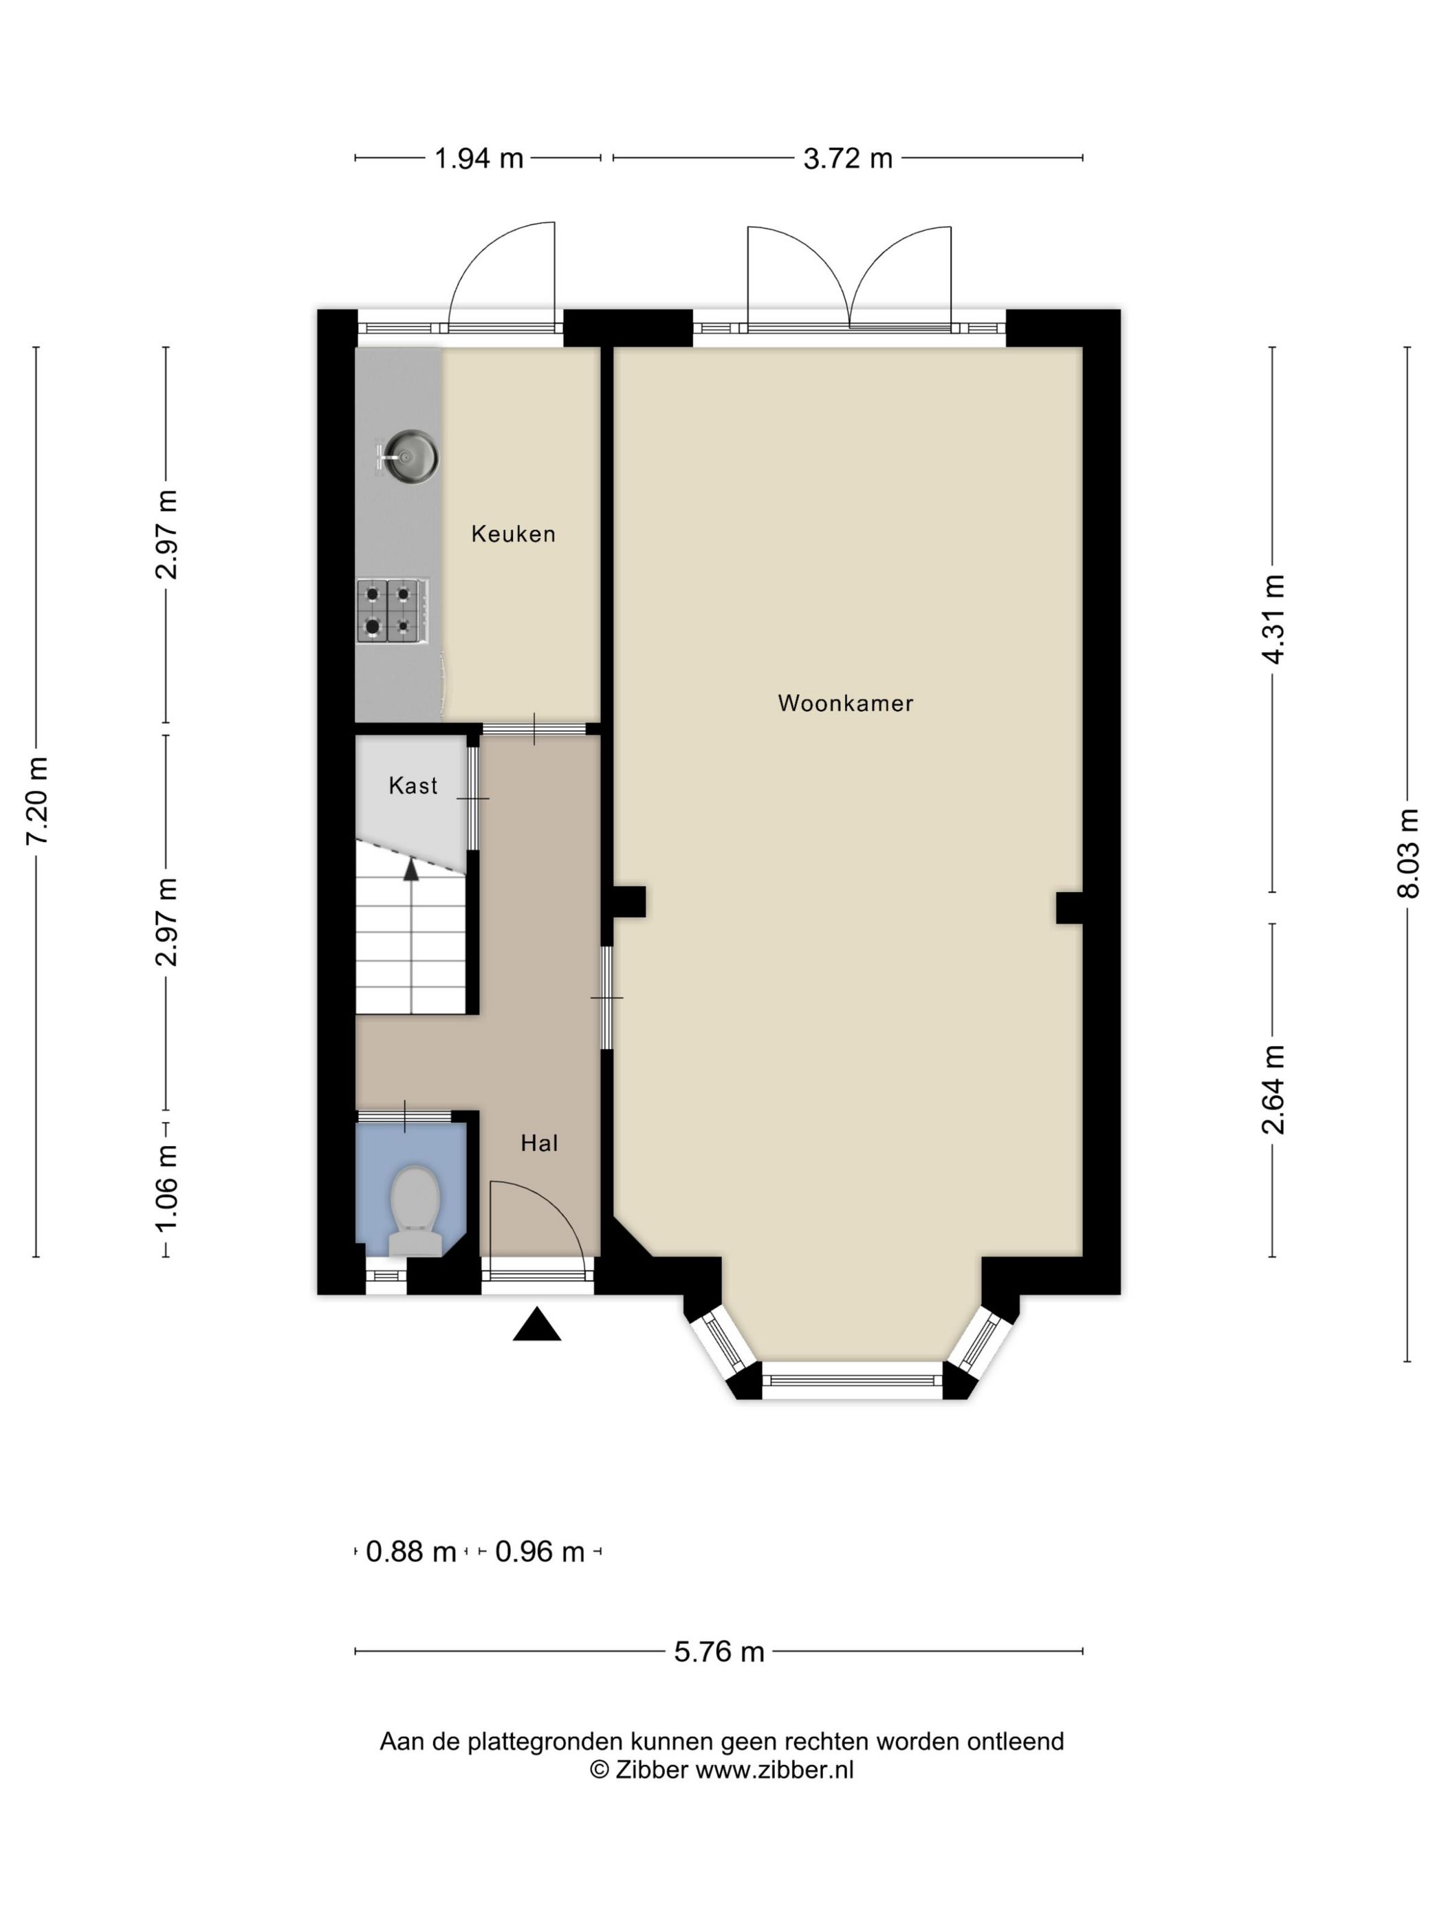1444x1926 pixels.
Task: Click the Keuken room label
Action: tap(513, 534)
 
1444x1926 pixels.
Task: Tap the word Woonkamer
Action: tap(845, 703)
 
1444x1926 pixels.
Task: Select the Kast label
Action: tap(413, 786)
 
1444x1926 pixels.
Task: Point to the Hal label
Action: tap(539, 1143)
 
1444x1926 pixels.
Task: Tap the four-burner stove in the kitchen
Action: tap(393, 612)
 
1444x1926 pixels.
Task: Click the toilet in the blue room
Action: tap(415, 1211)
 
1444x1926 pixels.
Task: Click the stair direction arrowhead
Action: tap(410, 869)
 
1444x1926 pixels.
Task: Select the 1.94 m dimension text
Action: tap(479, 158)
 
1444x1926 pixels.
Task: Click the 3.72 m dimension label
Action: tap(848, 158)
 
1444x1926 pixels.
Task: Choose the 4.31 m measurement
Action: tap(1273, 619)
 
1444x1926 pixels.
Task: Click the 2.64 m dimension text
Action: tap(1273, 1090)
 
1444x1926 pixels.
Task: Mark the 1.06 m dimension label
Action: tap(166, 1188)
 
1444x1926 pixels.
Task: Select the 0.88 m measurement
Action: tap(411, 1552)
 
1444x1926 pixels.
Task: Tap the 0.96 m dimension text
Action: tap(540, 1552)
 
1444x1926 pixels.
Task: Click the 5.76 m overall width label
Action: tap(719, 1652)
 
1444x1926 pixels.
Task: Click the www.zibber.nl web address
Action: tap(775, 1770)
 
